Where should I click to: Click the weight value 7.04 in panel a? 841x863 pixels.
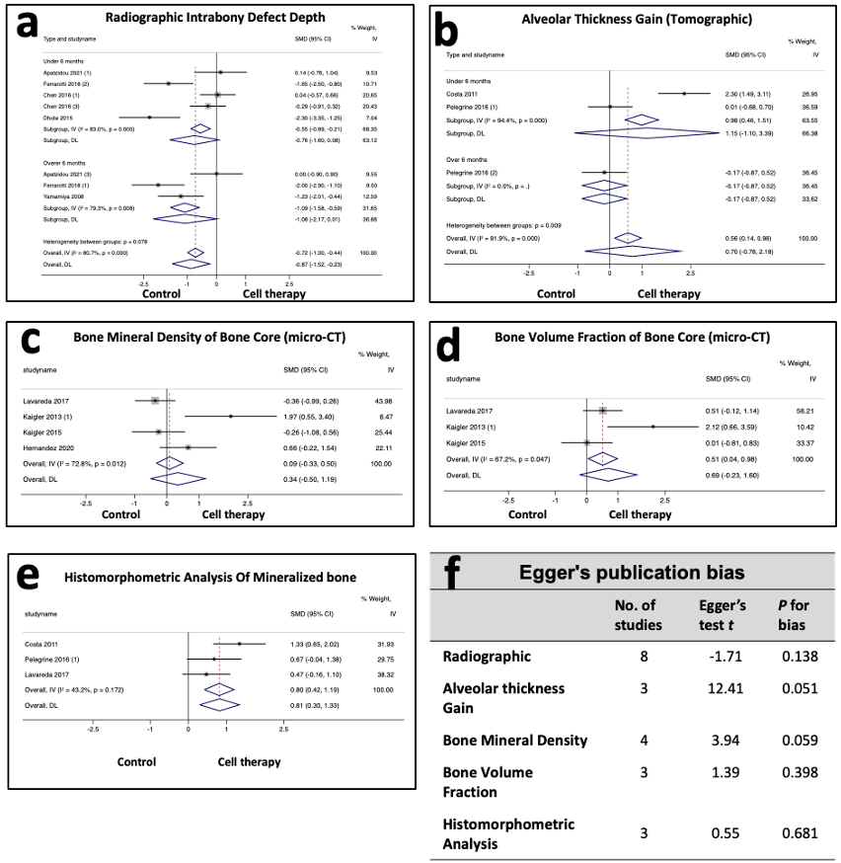370,117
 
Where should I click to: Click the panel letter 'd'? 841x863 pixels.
449,348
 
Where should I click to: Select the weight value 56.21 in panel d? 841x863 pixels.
809,409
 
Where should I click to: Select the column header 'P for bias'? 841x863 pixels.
793,614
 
